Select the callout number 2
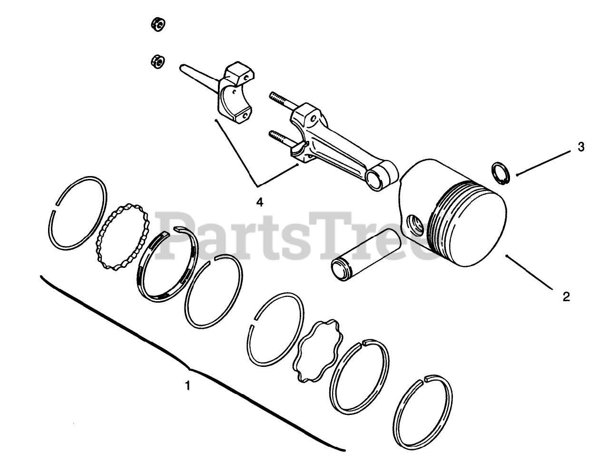[566, 296]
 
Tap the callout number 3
[580, 148]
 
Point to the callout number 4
[259, 202]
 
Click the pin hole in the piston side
[415, 223]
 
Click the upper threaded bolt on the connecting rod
[284, 103]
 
